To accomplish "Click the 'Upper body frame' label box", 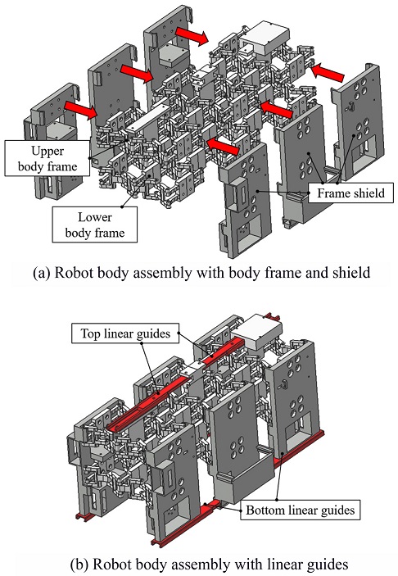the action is point(47,158).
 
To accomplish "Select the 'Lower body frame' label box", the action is point(95,225).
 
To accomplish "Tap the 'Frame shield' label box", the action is point(351,193).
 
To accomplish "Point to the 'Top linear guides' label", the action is point(125,333).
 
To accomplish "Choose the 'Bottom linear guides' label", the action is point(300,510).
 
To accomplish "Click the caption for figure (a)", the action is point(201,273).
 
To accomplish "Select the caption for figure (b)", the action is point(209,563).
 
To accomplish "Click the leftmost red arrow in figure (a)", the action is point(80,110).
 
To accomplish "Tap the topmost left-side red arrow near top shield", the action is point(192,35).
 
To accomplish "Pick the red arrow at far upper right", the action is point(328,72).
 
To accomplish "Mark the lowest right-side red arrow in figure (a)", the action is point(224,146).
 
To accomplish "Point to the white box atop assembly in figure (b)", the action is point(259,331).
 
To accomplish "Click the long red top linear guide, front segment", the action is point(147,401).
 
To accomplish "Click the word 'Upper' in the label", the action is point(47,151).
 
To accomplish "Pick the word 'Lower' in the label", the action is point(95,217).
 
